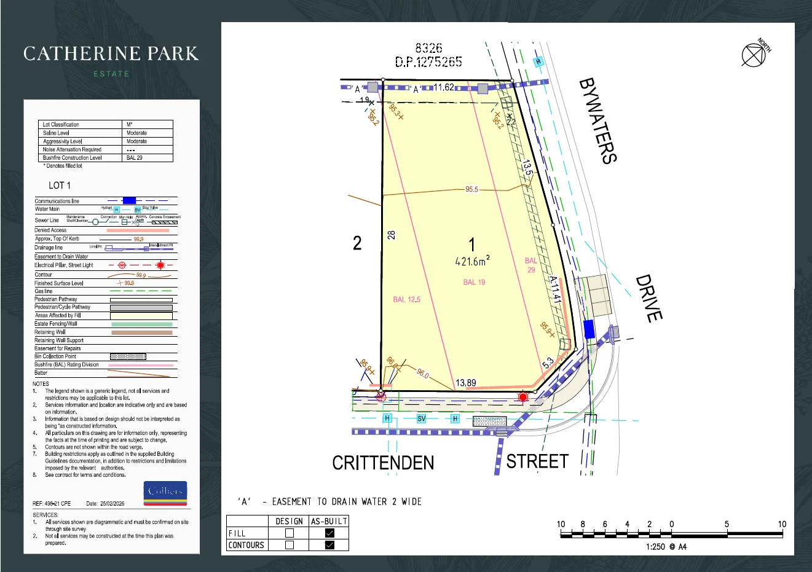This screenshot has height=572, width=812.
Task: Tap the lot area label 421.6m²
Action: coord(472,261)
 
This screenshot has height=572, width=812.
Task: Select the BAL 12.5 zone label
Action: coord(407,300)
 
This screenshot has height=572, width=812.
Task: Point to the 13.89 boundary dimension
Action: coord(465,383)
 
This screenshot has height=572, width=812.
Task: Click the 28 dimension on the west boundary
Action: coord(392,235)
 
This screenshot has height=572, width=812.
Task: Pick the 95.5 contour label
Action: coord(471,189)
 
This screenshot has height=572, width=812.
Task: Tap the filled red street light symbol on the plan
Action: coord(522,398)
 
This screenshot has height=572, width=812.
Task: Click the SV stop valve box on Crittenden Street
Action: coord(422,418)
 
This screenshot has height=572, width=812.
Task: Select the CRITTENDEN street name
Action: coord(383,463)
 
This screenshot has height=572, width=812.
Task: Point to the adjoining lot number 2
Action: coord(357,243)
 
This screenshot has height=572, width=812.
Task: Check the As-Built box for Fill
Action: coord(329,533)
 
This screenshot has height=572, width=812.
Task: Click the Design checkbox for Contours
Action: coord(290,545)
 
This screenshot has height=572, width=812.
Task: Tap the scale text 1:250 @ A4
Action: coord(666,547)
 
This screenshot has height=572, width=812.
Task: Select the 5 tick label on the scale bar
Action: coord(727,524)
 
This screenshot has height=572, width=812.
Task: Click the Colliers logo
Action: coord(165,492)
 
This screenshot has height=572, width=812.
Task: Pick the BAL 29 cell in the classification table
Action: coord(135,158)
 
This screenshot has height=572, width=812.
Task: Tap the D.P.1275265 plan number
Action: coord(428,61)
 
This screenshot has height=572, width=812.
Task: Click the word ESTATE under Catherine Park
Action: coord(111,74)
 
